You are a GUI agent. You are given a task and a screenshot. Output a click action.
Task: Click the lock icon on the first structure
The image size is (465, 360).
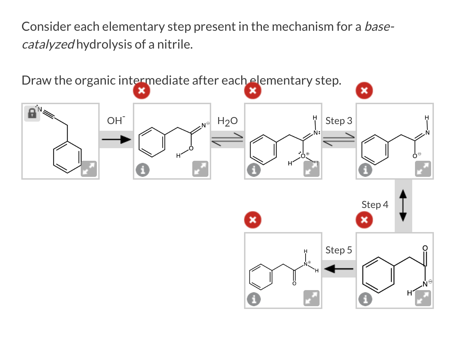pos(32,113)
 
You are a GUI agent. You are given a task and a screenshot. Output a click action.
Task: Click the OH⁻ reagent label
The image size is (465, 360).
pos(116,121)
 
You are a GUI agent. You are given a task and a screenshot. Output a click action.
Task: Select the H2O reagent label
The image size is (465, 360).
pos(227,121)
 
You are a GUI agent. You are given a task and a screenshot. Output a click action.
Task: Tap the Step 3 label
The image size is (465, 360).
pos(338,121)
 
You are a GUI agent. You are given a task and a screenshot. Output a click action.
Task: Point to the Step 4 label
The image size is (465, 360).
pos(374,205)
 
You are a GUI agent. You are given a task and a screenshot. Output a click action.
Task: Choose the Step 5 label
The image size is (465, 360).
pos(338,250)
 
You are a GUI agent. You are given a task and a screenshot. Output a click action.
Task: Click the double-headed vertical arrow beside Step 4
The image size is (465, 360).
pos(403,206)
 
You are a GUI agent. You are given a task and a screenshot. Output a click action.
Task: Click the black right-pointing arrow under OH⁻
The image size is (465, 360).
pos(116,140)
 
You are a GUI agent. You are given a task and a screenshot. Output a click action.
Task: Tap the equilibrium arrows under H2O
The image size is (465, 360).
pos(227,139)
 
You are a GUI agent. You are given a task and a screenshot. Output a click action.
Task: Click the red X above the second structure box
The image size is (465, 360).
pos(142,91)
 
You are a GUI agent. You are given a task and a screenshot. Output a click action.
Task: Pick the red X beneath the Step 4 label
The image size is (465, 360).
pos(364,220)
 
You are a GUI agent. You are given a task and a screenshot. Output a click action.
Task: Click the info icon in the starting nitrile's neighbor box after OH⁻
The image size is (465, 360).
pos(142,170)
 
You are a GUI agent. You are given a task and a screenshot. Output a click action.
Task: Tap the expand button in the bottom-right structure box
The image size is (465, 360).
pos(423,298)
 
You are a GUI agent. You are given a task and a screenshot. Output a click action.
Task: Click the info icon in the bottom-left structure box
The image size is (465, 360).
pos(254,299)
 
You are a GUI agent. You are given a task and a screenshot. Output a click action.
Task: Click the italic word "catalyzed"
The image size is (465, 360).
pos(48,45)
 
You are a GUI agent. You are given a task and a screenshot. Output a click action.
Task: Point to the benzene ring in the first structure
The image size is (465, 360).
pos(67,157)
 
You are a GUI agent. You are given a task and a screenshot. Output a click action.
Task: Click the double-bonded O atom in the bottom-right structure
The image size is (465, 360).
pos(425,248)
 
